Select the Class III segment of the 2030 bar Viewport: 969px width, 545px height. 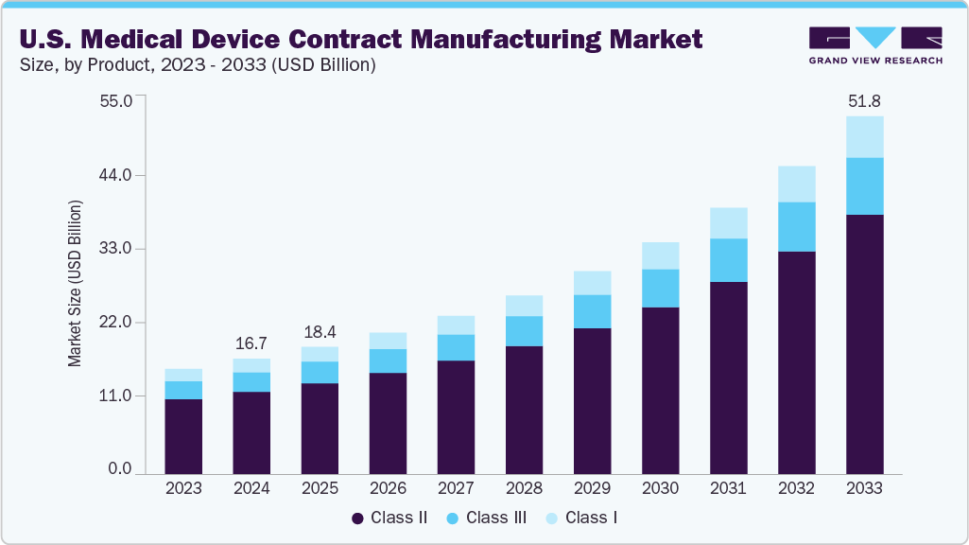[x=660, y=289]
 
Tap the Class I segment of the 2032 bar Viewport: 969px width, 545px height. [x=796, y=185]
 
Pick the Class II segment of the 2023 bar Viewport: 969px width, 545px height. [x=183, y=435]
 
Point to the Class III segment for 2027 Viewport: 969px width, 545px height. [x=456, y=347]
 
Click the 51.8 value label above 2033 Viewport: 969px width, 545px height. [x=864, y=100]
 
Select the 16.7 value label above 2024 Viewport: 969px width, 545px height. [x=251, y=342]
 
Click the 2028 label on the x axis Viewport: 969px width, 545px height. [x=524, y=488]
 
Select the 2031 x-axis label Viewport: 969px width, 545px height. [x=728, y=488]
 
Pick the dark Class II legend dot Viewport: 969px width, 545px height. [x=357, y=519]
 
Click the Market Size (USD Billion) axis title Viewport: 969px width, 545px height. [x=74, y=284]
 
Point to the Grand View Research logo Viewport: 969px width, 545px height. [x=875, y=45]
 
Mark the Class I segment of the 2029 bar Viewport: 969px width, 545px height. [x=592, y=283]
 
